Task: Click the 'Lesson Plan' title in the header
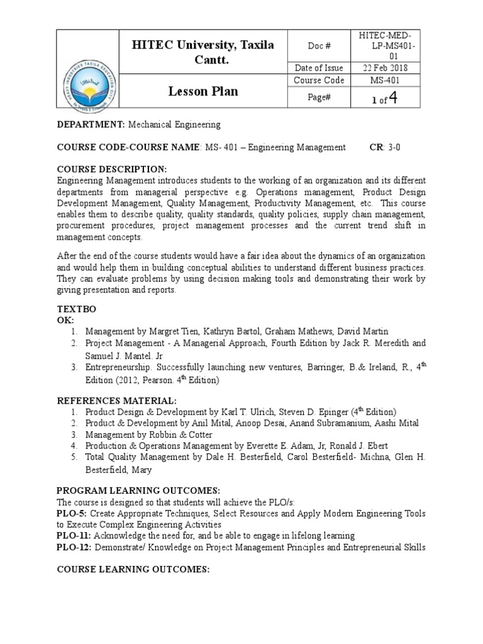pos(203,91)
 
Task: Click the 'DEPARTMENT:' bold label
pos(91,125)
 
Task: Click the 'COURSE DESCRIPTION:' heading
pos(112,170)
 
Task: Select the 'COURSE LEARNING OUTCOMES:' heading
pos(133,569)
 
